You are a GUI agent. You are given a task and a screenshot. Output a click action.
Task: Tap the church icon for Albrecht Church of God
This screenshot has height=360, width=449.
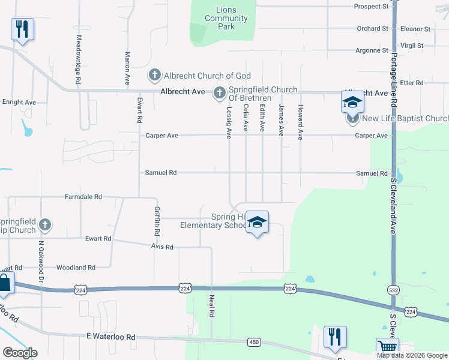tap(154, 76)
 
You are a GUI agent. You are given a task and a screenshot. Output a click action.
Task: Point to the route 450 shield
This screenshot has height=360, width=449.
tap(253, 341)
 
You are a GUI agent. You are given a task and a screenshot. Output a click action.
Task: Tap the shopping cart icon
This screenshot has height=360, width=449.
tap(387, 347)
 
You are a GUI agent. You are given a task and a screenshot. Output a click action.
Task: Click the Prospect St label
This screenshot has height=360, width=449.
tap(372, 7)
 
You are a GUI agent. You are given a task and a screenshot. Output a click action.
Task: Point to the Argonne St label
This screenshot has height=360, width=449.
tap(372, 50)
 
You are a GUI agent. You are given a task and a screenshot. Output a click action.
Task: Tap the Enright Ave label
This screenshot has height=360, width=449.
tap(19, 103)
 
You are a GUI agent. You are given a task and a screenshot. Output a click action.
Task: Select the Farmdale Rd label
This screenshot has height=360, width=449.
tap(83, 197)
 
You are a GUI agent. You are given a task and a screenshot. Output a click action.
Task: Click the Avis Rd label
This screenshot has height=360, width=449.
tap(162, 247)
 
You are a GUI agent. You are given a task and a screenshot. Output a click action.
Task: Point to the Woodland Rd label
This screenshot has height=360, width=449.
tap(76, 268)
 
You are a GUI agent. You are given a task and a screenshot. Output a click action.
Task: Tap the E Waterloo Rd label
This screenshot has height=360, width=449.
tap(111, 337)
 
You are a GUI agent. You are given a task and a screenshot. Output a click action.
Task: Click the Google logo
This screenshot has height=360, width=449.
tap(20, 353)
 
